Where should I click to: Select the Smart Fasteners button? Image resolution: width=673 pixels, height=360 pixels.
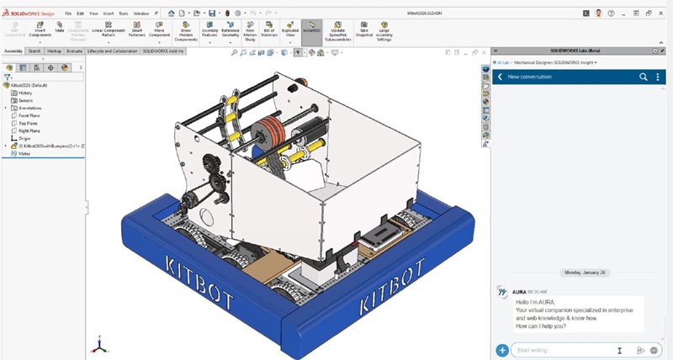136,31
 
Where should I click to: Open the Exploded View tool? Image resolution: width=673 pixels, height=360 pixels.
289,31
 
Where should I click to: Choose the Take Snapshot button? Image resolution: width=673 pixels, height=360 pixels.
363,31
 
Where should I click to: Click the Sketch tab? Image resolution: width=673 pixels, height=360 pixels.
34,50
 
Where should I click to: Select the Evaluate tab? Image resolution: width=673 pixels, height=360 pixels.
74,50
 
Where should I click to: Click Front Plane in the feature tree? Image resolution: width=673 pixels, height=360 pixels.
29,115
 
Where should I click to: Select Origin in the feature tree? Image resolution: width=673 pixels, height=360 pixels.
24,138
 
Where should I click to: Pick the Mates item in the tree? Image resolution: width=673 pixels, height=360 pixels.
24,153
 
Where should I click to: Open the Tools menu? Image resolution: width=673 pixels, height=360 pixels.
123,13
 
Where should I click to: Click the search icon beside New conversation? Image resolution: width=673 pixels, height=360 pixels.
644,77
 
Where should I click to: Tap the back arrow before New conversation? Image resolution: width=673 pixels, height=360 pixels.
500,77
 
